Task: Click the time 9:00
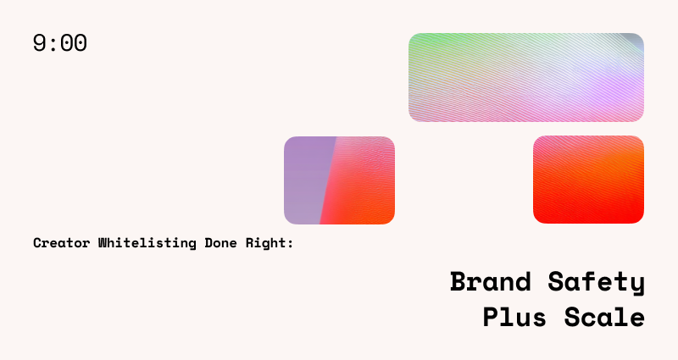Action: click(60, 43)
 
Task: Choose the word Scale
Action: click(605, 318)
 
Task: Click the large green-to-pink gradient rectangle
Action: click(525, 77)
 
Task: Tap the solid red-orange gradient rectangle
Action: click(588, 180)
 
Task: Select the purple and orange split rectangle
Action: click(339, 180)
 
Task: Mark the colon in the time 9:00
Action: click(53, 44)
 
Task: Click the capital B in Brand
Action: click(458, 282)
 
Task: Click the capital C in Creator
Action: click(37, 243)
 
